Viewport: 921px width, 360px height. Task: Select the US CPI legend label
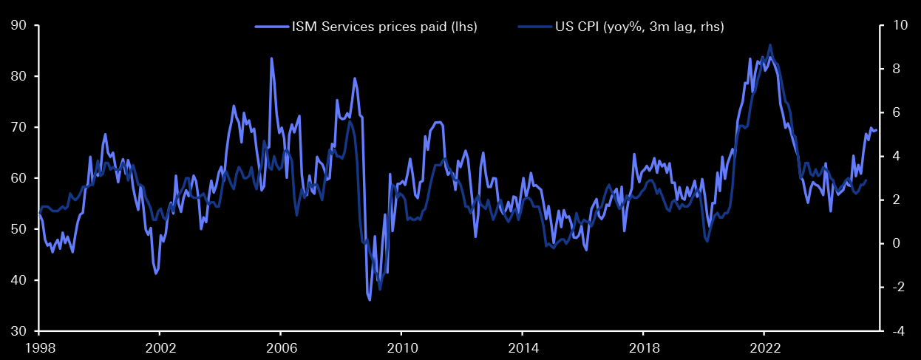click(x=639, y=27)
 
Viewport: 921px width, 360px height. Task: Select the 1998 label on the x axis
click(x=38, y=348)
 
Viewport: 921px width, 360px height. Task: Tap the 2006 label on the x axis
click(x=280, y=348)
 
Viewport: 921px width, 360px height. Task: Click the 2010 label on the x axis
click(x=401, y=348)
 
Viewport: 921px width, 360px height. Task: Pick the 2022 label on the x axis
click(x=764, y=348)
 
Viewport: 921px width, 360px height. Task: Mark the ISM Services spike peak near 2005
click(x=271, y=58)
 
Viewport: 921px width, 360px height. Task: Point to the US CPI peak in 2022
click(x=770, y=45)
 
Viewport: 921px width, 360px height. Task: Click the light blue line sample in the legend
click(x=271, y=27)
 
